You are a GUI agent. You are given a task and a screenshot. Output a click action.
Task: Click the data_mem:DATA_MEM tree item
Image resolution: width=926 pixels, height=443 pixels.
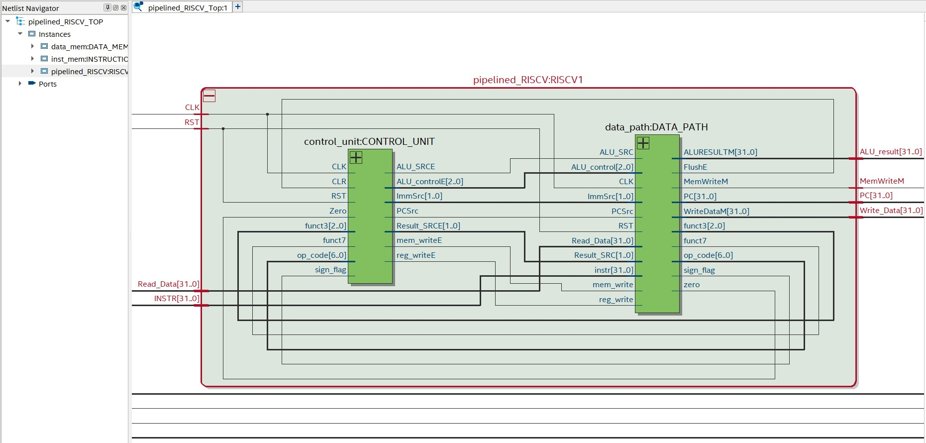click(x=89, y=47)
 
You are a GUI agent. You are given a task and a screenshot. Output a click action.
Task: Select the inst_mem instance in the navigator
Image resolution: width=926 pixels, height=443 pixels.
click(x=89, y=59)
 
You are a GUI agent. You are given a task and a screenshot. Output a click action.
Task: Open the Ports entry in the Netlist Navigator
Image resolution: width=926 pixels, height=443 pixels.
click(x=48, y=84)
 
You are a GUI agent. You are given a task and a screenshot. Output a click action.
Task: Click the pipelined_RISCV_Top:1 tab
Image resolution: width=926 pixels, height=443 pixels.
click(x=187, y=7)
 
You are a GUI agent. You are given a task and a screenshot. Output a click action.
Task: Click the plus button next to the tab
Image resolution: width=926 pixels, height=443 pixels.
click(x=238, y=7)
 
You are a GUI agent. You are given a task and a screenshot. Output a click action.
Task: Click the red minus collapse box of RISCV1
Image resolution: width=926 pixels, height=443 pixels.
click(x=209, y=96)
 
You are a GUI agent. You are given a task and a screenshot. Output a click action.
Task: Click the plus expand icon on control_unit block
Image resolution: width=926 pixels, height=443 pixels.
click(x=356, y=158)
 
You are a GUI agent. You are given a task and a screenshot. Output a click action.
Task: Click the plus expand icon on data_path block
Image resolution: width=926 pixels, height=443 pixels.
click(x=643, y=143)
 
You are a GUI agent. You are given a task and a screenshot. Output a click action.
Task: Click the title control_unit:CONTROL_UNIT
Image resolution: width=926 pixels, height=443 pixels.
click(x=369, y=142)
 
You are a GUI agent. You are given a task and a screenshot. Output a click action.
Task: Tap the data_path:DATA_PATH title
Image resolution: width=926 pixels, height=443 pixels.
click(x=656, y=127)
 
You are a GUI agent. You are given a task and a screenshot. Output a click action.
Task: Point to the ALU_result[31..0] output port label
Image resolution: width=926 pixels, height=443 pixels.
click(x=890, y=152)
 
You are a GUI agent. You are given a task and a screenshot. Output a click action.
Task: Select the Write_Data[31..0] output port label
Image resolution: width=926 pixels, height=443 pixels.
click(x=891, y=211)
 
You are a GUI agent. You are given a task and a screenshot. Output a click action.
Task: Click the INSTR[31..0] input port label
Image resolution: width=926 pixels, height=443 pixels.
click(x=177, y=299)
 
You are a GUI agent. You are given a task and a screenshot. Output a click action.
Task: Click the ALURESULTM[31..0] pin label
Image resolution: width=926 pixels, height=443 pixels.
click(x=720, y=152)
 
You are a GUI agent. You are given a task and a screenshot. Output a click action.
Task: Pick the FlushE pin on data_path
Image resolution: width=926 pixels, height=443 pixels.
click(x=695, y=167)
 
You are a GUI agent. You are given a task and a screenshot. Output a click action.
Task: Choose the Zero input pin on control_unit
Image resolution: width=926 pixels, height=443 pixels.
click(x=337, y=211)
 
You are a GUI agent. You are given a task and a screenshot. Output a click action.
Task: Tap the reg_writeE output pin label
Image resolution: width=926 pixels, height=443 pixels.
click(x=415, y=255)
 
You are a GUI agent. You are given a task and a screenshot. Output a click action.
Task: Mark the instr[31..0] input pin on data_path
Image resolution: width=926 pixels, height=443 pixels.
click(x=614, y=270)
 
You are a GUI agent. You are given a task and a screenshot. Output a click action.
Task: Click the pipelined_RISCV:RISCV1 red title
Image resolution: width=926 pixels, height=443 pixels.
click(x=528, y=80)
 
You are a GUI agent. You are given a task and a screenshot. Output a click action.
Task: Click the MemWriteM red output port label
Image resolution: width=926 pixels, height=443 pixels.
click(x=881, y=181)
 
